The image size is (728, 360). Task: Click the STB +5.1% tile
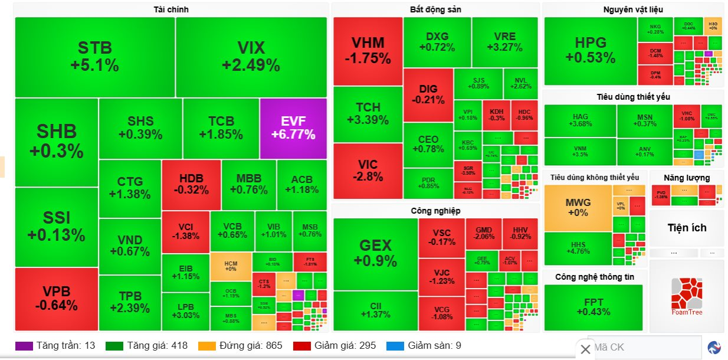pos(94,57)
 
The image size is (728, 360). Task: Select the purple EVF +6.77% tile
pos(293,128)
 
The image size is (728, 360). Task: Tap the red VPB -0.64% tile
pos(56,299)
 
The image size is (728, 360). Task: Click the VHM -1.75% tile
pos(368,51)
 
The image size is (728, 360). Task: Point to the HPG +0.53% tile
pos(590,50)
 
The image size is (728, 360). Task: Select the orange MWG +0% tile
pos(578,207)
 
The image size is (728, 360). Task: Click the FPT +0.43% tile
pos(592,307)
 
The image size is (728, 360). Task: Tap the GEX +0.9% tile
pos(375,253)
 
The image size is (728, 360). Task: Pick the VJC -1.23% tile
pos(441,277)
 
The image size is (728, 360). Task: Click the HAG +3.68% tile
pos(580,120)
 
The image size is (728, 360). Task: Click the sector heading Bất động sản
pos(435,9)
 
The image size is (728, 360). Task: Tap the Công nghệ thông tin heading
pos(595,276)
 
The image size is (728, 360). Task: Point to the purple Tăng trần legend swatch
pos(24,346)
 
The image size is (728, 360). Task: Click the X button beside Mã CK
pos(585,349)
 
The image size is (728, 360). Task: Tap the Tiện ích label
pos(687,228)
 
